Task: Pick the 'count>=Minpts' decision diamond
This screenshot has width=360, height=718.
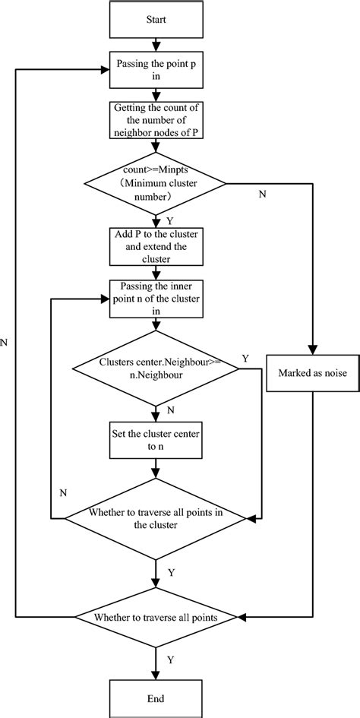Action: (x=155, y=182)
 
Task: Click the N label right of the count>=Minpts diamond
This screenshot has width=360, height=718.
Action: (x=264, y=195)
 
